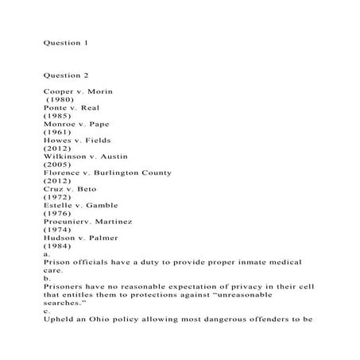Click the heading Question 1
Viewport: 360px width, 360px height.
click(65, 42)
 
